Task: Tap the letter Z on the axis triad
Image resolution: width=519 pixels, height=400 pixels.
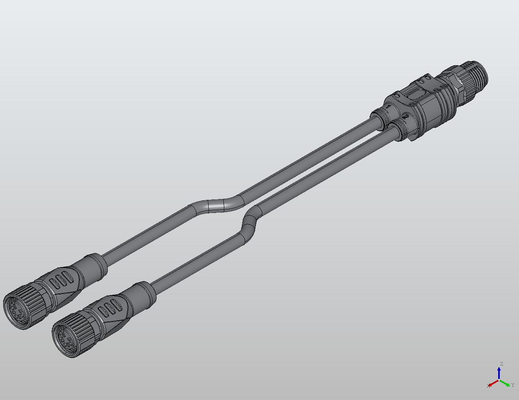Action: [501, 364]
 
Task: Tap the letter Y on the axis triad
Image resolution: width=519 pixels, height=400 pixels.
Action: [513, 385]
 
